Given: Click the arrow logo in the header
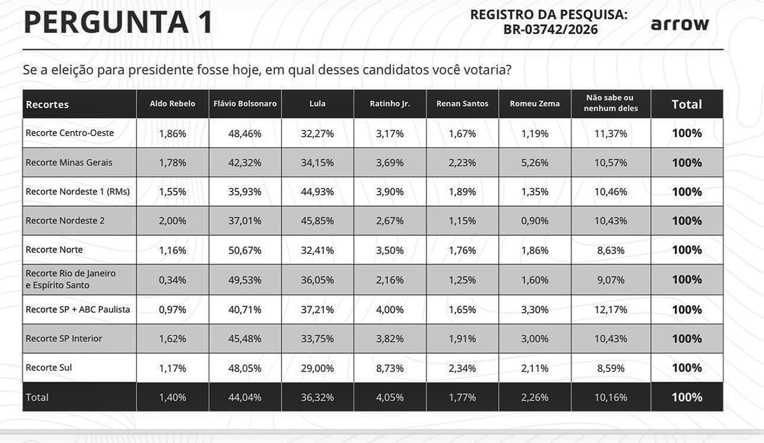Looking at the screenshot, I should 679,24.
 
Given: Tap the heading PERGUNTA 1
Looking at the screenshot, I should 118,22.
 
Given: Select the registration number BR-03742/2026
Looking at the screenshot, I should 550,30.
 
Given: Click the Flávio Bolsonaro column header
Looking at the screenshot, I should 245,104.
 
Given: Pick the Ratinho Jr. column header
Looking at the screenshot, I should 390,104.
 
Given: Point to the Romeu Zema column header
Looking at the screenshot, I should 534,104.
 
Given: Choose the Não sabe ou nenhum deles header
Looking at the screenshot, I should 611,103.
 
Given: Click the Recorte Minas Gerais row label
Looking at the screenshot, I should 69,162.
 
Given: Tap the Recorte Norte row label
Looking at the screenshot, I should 54,250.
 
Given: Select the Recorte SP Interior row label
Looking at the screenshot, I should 64,339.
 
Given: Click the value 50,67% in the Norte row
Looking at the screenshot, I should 245,250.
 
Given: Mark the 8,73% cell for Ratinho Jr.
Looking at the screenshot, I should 390,368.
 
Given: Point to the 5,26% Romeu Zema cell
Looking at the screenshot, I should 534,162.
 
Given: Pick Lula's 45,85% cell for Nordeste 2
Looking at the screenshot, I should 317,221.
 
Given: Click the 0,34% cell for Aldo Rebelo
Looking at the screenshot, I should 172,280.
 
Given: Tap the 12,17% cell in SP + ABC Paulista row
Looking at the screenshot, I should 611,310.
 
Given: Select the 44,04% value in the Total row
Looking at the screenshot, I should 245,397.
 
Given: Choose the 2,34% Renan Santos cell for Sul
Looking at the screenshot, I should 462,368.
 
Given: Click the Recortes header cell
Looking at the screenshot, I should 47,104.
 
